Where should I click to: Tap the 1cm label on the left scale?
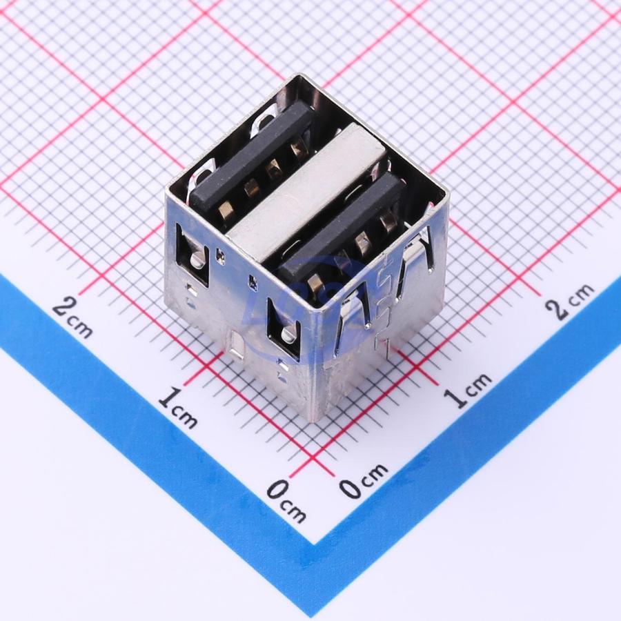pyautogui.click(x=178, y=408)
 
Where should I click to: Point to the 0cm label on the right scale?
pyautogui.click(x=363, y=480)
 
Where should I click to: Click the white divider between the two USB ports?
pyautogui.click(x=307, y=193)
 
